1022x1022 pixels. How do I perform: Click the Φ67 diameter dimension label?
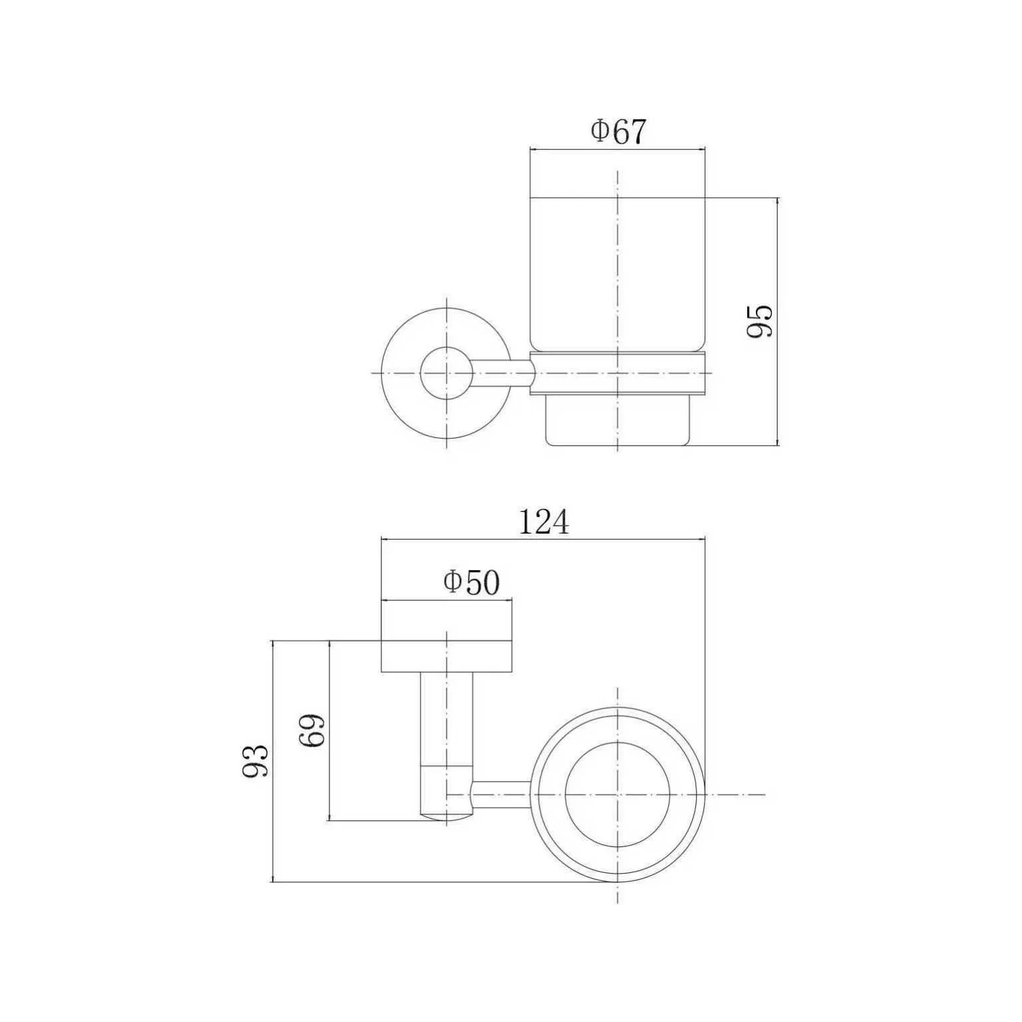tap(618, 132)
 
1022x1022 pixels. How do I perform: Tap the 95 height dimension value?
tap(759, 321)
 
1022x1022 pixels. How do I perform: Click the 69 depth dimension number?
tap(312, 731)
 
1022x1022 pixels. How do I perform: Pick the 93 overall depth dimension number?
tap(255, 761)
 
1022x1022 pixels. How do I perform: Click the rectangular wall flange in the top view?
tap(446, 655)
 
